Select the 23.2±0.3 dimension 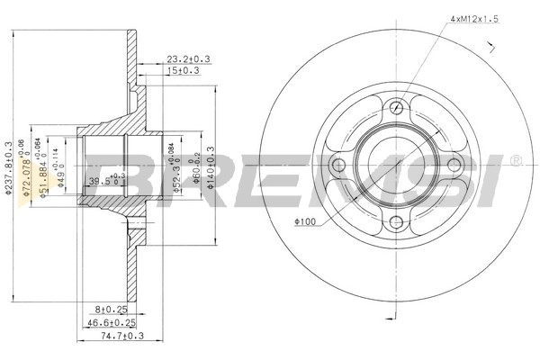pyautogui.click(x=186, y=59)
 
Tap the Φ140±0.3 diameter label pyautogui.click(x=211, y=164)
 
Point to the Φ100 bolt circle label pyautogui.click(x=304, y=220)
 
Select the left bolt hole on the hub pyautogui.click(x=337, y=166)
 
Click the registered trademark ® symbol pyautogui.click(x=514, y=161)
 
